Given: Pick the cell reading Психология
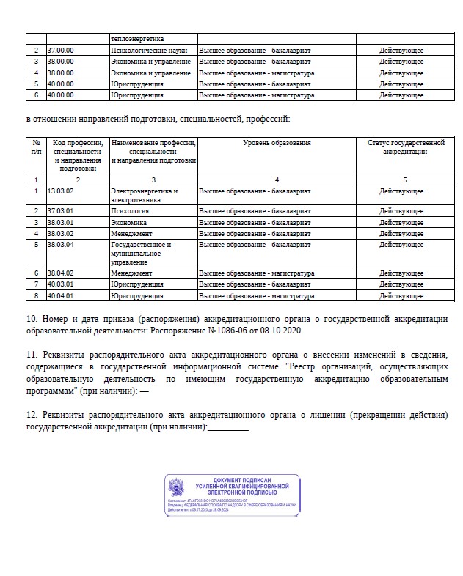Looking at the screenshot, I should point(128,211).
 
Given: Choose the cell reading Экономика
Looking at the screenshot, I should point(128,222).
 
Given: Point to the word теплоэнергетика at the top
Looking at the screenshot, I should point(137,38).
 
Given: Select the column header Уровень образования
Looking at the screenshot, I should point(277,143).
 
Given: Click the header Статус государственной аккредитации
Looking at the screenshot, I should point(406,147).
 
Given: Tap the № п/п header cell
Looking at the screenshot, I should point(37,147).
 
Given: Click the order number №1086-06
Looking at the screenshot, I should point(231,331).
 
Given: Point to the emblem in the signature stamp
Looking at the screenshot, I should point(178,488).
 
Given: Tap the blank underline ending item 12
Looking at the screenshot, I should point(228,427).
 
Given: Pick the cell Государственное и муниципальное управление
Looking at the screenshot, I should point(140,253).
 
